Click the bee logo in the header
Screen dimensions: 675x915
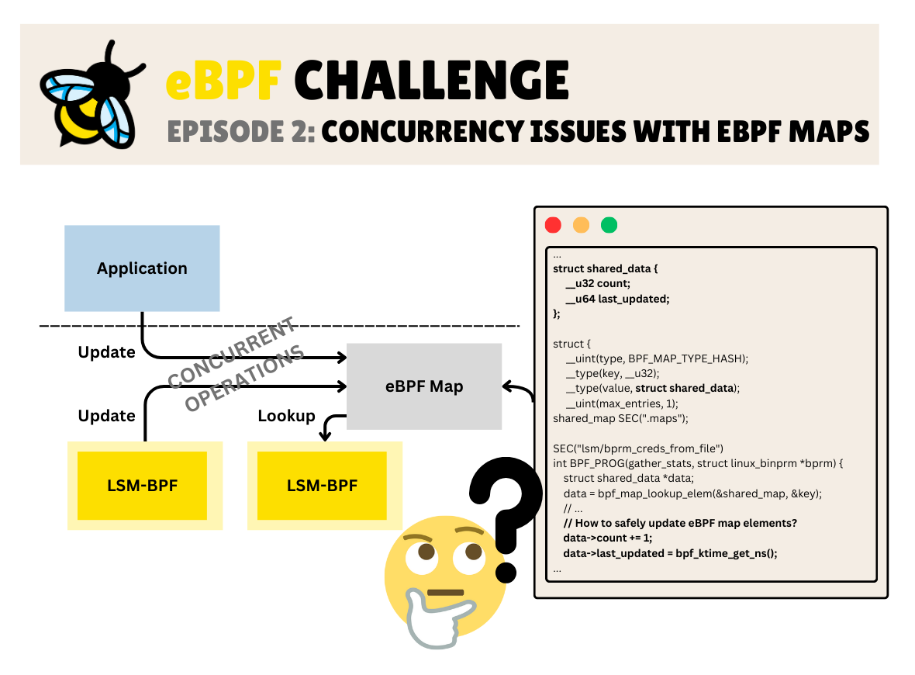(91, 95)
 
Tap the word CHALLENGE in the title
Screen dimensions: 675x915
(431, 80)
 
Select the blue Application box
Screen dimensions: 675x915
(142, 268)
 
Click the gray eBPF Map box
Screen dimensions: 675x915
(424, 386)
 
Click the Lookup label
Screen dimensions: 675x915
(286, 416)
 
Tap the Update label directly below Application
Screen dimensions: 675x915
(106, 352)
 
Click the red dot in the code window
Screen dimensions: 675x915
(553, 225)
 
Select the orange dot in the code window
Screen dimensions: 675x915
(581, 225)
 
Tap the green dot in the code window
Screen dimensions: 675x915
(609, 225)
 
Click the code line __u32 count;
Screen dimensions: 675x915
(598, 283)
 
